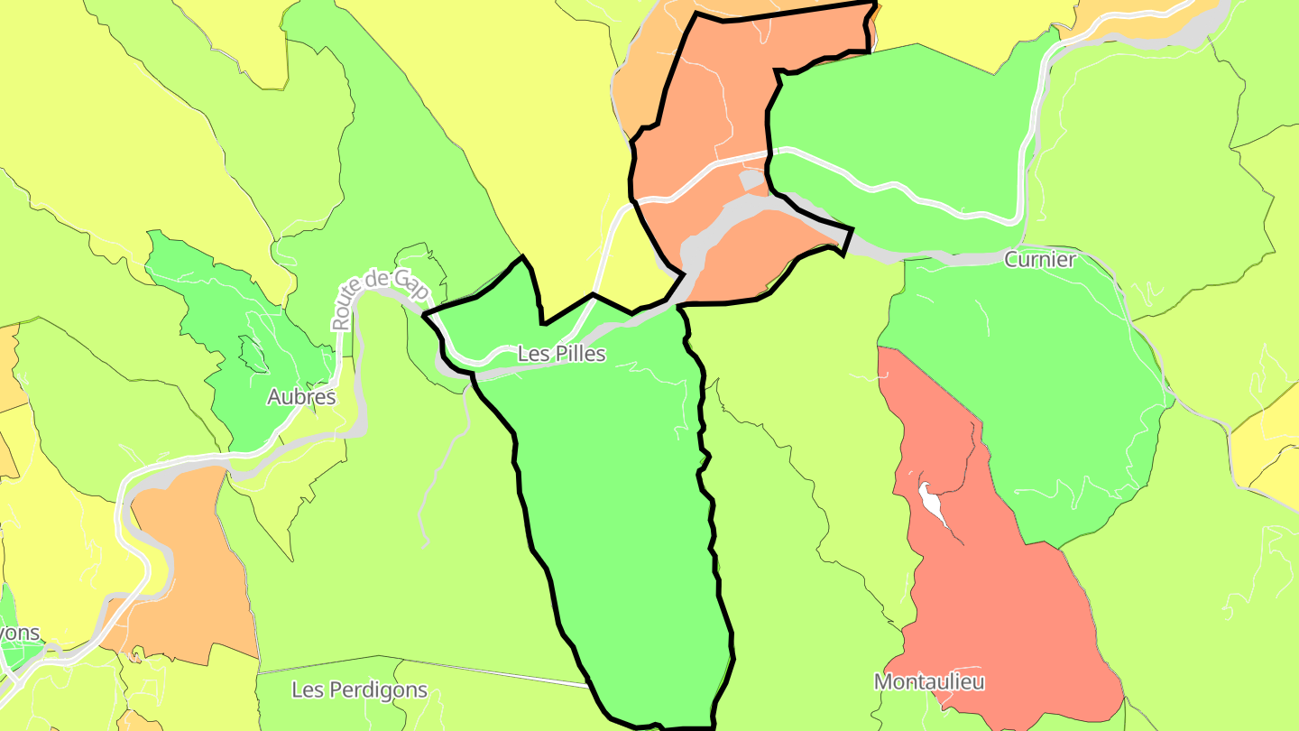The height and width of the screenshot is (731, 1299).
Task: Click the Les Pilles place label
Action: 561,355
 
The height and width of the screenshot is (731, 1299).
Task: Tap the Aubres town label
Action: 301,397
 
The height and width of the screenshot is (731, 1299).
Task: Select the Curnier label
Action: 1040,260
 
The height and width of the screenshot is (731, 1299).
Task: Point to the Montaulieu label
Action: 929,681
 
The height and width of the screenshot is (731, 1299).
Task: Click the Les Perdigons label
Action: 359,690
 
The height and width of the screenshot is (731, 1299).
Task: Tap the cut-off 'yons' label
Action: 20,632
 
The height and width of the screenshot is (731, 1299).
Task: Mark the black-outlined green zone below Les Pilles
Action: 622,523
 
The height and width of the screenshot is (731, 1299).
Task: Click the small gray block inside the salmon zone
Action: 751,181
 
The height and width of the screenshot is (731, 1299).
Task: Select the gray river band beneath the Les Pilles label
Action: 541,368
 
